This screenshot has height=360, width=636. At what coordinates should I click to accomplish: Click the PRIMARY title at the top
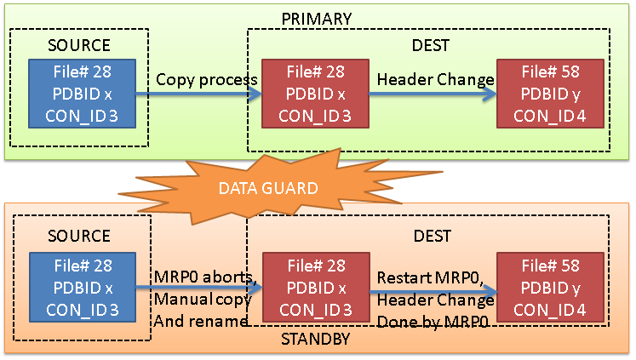coord(317,19)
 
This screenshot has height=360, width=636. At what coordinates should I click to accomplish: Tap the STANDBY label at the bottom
coord(316,339)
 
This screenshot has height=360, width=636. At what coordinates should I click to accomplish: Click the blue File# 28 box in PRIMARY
coord(82,94)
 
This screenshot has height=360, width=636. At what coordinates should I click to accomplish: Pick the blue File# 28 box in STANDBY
coord(83,288)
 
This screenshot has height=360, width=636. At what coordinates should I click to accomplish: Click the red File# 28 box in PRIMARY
coord(315,94)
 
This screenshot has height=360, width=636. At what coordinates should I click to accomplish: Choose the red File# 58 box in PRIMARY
coord(550,94)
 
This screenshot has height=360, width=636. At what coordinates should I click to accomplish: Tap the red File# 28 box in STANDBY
coord(316,288)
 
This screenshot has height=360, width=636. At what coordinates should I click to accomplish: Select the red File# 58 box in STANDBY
coord(550,288)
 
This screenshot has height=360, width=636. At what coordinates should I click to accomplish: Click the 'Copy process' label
coord(206,80)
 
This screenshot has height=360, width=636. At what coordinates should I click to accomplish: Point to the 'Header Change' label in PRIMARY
coord(436,80)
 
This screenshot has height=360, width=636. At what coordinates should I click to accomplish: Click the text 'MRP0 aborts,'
coord(206,277)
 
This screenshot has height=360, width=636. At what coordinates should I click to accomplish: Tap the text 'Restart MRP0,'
coord(431,277)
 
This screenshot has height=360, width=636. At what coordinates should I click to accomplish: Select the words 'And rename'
coord(201,321)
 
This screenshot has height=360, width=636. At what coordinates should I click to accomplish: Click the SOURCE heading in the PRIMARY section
coord(79,45)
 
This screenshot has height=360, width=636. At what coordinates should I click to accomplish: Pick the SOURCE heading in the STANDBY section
coord(79,236)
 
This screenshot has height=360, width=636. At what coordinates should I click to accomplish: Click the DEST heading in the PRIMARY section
coord(431,45)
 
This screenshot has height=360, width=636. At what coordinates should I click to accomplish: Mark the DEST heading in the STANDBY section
coord(432,236)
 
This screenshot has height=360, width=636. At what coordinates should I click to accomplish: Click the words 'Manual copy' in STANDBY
coord(203,300)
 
